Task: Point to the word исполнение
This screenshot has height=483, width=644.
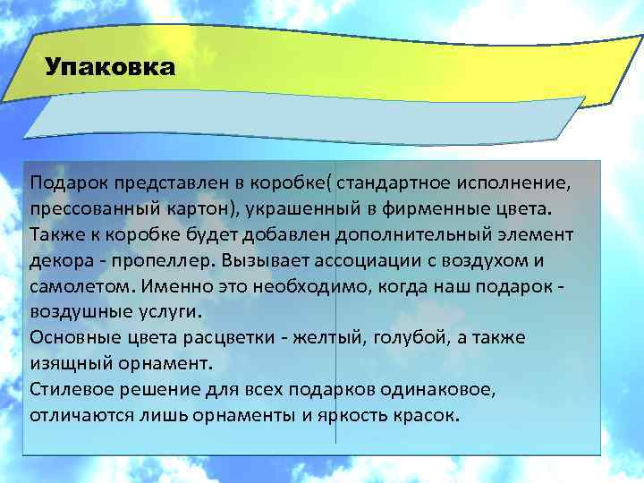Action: pyautogui.click(x=513, y=183)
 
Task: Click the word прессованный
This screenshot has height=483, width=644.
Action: pyautogui.click(x=87, y=208)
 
